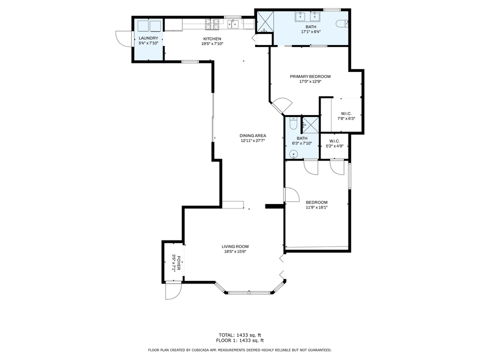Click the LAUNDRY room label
pos(148,38)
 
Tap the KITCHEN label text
pos(212,39)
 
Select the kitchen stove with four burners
pos(212,23)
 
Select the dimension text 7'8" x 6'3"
pos(346,118)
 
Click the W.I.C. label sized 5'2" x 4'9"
pos(334,141)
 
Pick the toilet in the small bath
pos(293,121)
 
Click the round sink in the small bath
pos(294,154)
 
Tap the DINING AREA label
pos(252,135)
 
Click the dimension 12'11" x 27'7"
pos(252,141)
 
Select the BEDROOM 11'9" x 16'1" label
pos(316,202)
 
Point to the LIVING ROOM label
pos(235,246)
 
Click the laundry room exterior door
pos(122,38)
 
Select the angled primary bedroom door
pos(281,105)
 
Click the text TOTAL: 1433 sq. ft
pos(240,334)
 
